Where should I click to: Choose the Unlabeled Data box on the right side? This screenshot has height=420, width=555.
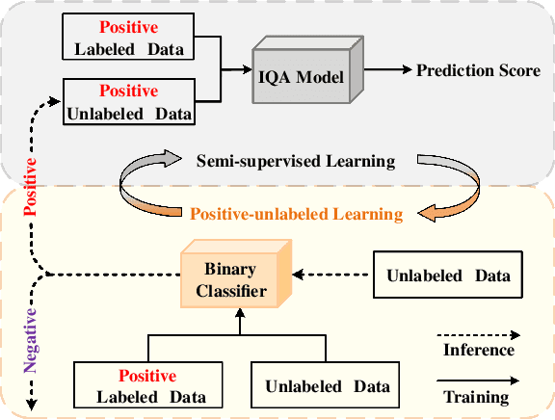(449, 276)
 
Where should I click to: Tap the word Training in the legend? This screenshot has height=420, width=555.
(476, 396)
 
